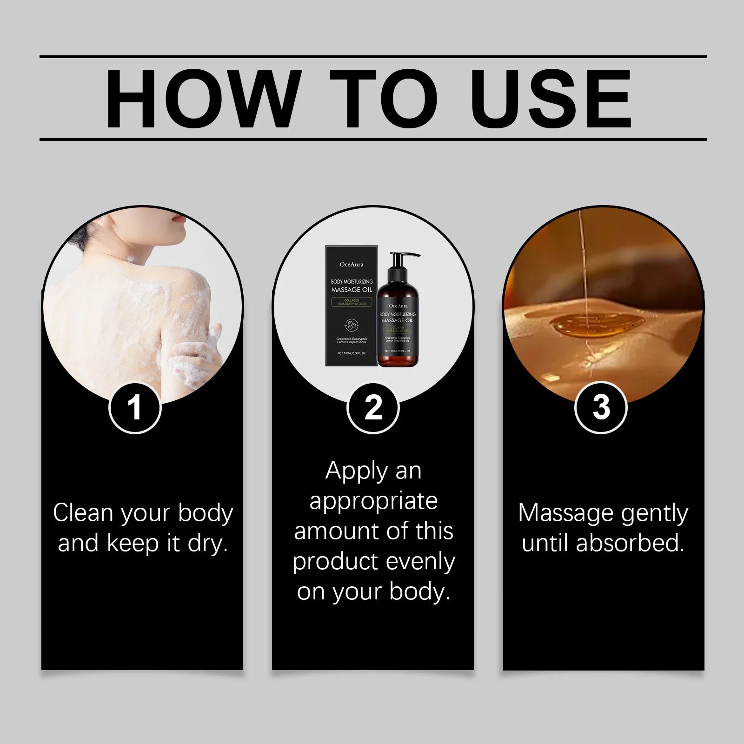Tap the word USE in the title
tap(551, 99)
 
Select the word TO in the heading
tap(383, 99)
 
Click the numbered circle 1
tap(135, 408)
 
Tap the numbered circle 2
tap(373, 408)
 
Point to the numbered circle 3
tap(601, 408)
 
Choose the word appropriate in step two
tap(373, 501)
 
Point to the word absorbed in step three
tap(630, 543)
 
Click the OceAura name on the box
tap(351, 265)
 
